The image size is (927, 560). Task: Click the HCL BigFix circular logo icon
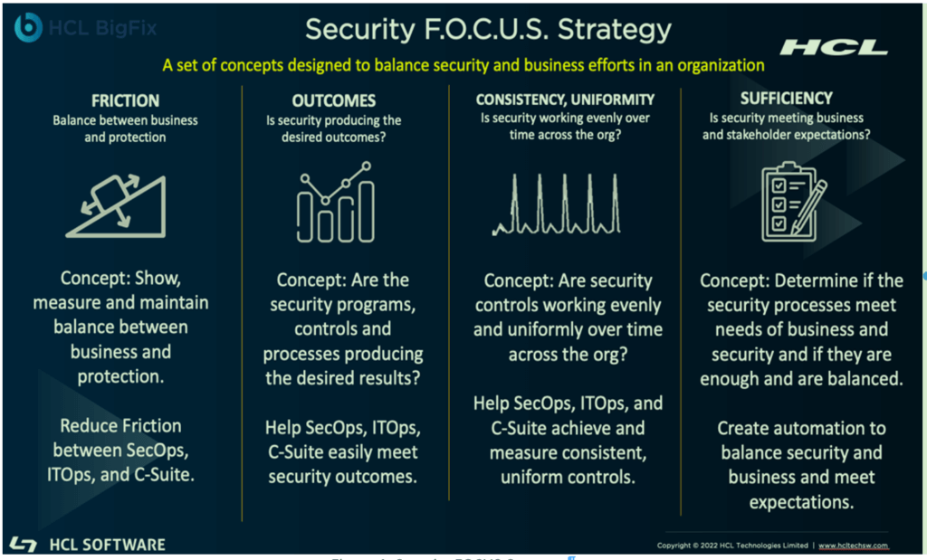click(x=29, y=28)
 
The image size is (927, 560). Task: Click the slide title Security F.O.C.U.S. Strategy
click(x=489, y=29)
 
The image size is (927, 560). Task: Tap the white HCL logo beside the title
click(x=835, y=48)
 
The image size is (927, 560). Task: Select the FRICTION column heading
click(x=125, y=100)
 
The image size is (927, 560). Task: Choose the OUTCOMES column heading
click(x=333, y=100)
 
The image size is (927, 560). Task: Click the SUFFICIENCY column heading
click(x=786, y=99)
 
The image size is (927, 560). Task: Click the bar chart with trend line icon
click(x=335, y=203)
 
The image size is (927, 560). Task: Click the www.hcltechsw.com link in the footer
click(x=853, y=546)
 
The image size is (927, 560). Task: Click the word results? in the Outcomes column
click(x=386, y=378)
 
